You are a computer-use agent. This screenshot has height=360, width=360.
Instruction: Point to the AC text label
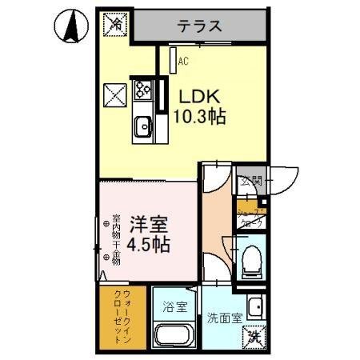183,61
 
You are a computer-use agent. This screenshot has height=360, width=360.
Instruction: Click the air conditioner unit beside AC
172,61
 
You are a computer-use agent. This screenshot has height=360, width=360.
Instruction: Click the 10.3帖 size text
199,117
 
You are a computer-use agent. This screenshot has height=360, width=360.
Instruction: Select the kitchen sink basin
144,126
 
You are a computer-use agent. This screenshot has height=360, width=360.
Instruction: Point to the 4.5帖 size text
149,244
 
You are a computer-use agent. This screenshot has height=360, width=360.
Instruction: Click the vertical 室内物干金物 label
116,236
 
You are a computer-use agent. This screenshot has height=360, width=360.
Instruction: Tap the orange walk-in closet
120,318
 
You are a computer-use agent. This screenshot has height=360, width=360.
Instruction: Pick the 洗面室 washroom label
224,318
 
